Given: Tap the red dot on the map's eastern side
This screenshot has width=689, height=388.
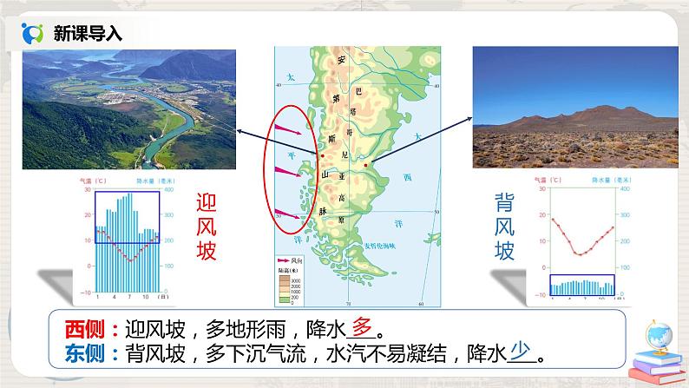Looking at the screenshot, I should (x=366, y=165).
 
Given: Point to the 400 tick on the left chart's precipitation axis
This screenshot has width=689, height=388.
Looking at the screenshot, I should (x=168, y=190).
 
